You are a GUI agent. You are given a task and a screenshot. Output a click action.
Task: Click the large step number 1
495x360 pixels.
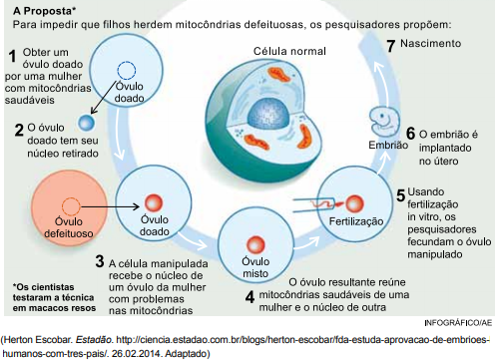(x=12, y=56)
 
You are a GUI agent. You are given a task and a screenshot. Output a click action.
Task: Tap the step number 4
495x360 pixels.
(x=249, y=296)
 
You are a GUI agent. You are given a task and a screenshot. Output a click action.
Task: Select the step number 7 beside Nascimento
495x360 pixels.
(x=391, y=46)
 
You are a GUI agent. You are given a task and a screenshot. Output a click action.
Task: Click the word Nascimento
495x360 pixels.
(x=430, y=43)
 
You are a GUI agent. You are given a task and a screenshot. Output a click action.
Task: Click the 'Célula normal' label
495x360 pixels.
(x=289, y=51)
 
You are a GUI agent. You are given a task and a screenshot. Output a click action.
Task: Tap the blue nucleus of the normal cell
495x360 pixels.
(x=265, y=115)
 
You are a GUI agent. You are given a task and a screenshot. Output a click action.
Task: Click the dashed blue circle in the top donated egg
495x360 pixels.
(x=127, y=71)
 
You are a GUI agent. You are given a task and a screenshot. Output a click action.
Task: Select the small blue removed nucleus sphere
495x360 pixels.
(x=86, y=123)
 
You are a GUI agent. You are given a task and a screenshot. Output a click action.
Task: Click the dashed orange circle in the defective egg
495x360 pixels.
(x=71, y=206)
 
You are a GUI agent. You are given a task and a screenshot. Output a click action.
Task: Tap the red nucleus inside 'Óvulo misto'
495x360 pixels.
(x=255, y=244)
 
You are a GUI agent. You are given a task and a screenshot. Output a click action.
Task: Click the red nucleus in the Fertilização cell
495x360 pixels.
(x=354, y=203)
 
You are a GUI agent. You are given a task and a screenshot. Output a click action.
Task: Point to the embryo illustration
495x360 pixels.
(x=384, y=120)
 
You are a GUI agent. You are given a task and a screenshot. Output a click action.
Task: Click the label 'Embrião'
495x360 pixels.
(x=388, y=145)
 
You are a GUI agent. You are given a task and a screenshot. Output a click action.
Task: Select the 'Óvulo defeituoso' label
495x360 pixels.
(x=69, y=227)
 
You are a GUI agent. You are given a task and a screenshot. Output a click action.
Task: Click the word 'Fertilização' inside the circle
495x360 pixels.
(x=356, y=221)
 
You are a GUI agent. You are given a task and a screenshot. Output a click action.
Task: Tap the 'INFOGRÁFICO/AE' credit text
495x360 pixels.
(x=458, y=323)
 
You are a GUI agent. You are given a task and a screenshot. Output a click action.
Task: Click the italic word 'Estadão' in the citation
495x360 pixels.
(x=94, y=340)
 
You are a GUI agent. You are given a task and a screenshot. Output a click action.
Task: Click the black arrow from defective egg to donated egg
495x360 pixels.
(x=110, y=206)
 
